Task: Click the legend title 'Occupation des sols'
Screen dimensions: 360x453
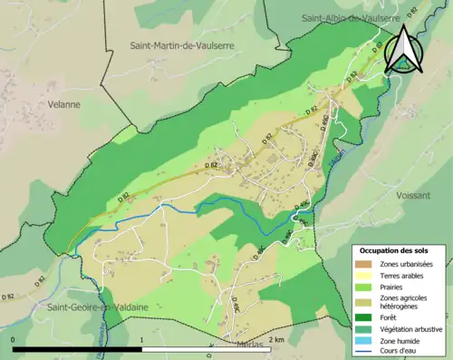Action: coord(394,250)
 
